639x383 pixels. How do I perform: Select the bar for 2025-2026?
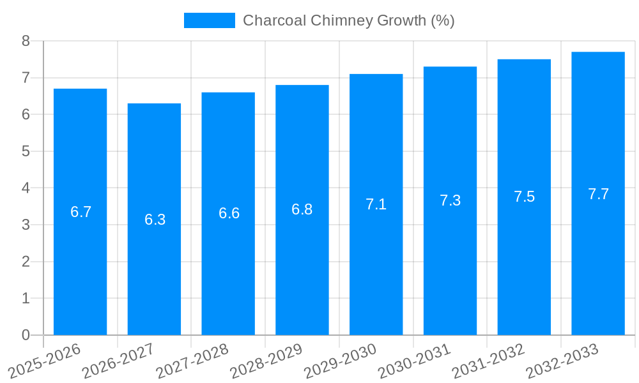point(80,268)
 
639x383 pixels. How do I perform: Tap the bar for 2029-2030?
point(376,268)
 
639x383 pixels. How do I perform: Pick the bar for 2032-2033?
point(598,268)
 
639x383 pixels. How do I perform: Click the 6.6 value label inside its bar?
point(229,213)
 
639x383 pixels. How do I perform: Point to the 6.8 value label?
point(302,209)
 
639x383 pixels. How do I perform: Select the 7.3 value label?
point(450,200)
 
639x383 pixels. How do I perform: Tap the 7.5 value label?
point(524,197)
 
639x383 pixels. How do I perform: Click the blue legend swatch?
point(209,20)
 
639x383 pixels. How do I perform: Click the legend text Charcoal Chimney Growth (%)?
point(349,20)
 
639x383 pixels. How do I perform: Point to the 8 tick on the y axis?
point(26,41)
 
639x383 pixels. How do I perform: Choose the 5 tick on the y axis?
point(26,151)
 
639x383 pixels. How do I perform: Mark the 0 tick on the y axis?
point(26,335)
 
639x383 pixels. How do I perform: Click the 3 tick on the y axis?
point(26,225)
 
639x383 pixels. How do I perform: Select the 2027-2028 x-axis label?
point(192,361)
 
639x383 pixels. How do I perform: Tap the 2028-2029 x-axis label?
point(266,361)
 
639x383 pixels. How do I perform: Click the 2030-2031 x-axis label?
point(415,361)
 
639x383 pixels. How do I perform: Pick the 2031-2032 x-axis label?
point(489,361)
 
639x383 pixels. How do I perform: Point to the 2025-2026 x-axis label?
point(45,361)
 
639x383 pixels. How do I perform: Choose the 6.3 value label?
point(155,220)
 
